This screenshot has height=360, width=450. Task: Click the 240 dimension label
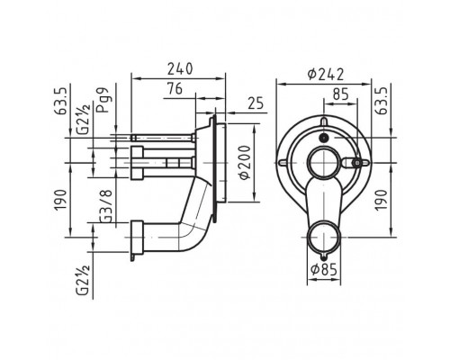tap(180, 69)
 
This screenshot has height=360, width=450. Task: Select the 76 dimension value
tap(175, 89)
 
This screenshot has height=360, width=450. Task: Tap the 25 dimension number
tap(256, 103)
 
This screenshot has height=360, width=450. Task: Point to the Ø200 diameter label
tap(245, 162)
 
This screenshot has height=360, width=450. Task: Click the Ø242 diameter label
tap(326, 74)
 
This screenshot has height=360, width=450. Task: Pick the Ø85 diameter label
tap(324, 269)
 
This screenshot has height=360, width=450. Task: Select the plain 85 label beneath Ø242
tap(341, 94)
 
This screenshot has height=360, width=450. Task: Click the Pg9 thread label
tap(103, 100)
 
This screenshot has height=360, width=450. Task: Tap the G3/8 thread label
tap(106, 206)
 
